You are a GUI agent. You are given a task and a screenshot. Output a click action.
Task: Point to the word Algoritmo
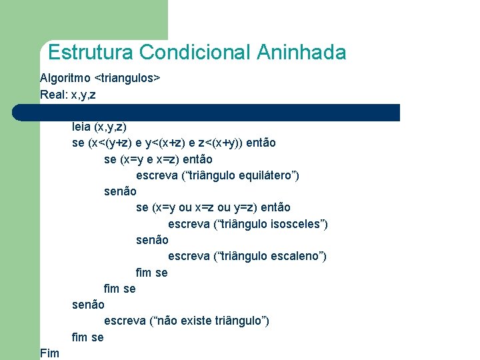(x=65, y=78)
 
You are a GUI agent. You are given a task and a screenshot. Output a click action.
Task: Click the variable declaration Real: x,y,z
(x=67, y=95)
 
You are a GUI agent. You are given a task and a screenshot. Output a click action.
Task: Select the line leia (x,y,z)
(x=99, y=126)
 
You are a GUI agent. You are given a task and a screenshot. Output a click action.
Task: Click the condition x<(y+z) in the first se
(x=110, y=143)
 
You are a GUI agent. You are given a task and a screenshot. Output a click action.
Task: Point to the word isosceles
(x=295, y=224)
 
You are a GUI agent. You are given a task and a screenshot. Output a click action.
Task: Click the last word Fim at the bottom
(x=49, y=353)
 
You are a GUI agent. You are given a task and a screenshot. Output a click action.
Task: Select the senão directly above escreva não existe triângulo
(x=88, y=305)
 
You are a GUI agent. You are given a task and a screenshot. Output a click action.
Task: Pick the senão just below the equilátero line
(x=120, y=191)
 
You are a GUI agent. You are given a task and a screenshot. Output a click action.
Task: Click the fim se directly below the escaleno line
(x=151, y=272)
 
